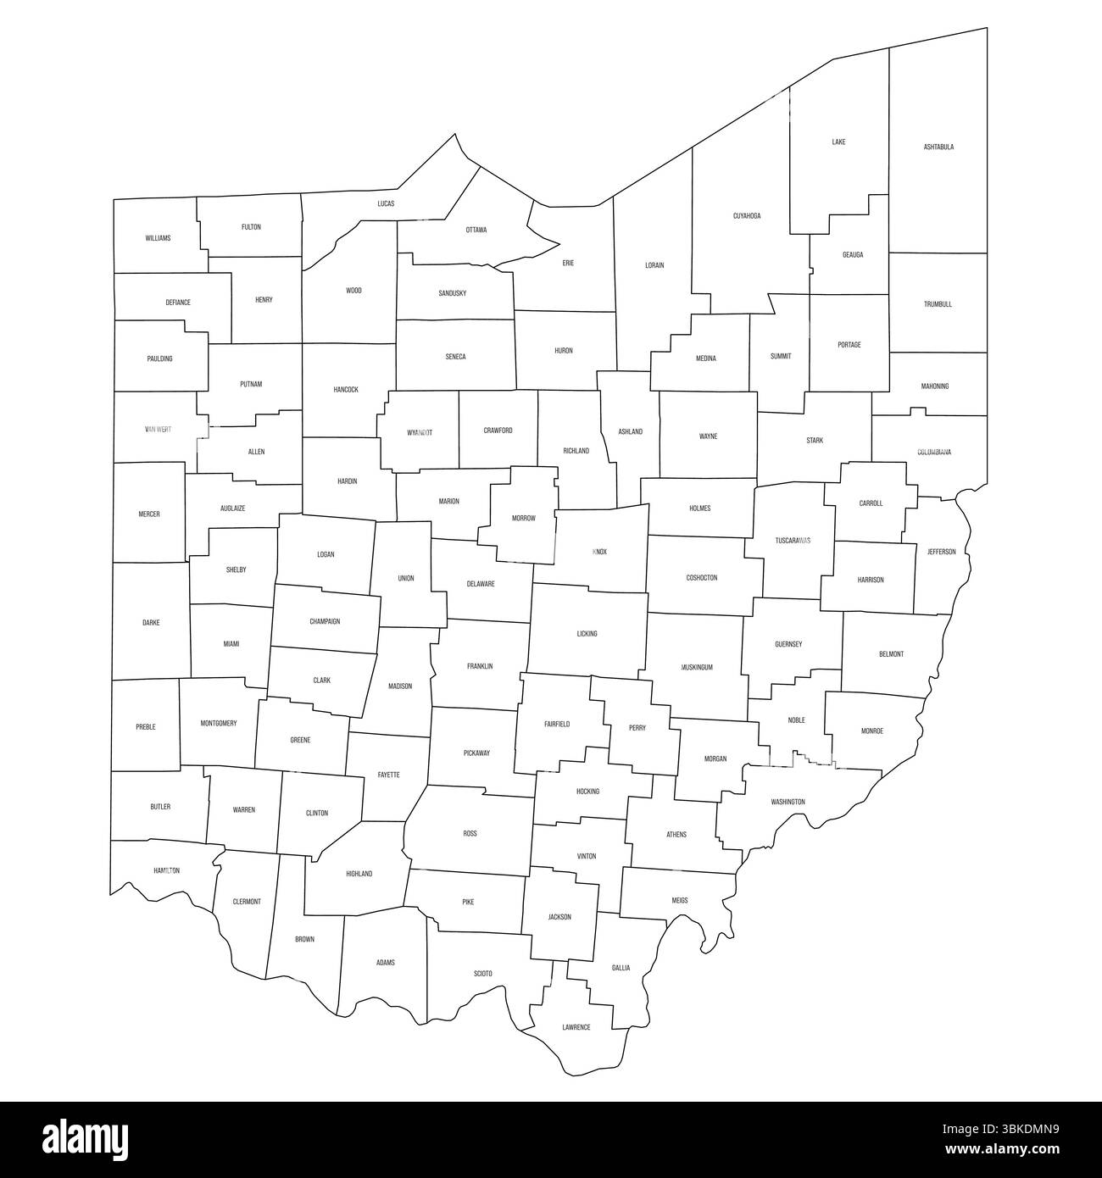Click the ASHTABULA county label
938,147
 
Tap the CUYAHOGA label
747,216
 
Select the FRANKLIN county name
480,666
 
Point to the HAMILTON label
167,870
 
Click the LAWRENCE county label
576,1027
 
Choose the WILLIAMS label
158,238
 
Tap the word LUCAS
386,203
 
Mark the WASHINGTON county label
788,802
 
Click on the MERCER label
149,514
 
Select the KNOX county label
600,552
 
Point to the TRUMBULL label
938,304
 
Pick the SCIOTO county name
482,974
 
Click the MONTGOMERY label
219,724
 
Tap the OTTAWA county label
476,230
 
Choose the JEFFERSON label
941,552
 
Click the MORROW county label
524,518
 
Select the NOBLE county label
797,720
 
